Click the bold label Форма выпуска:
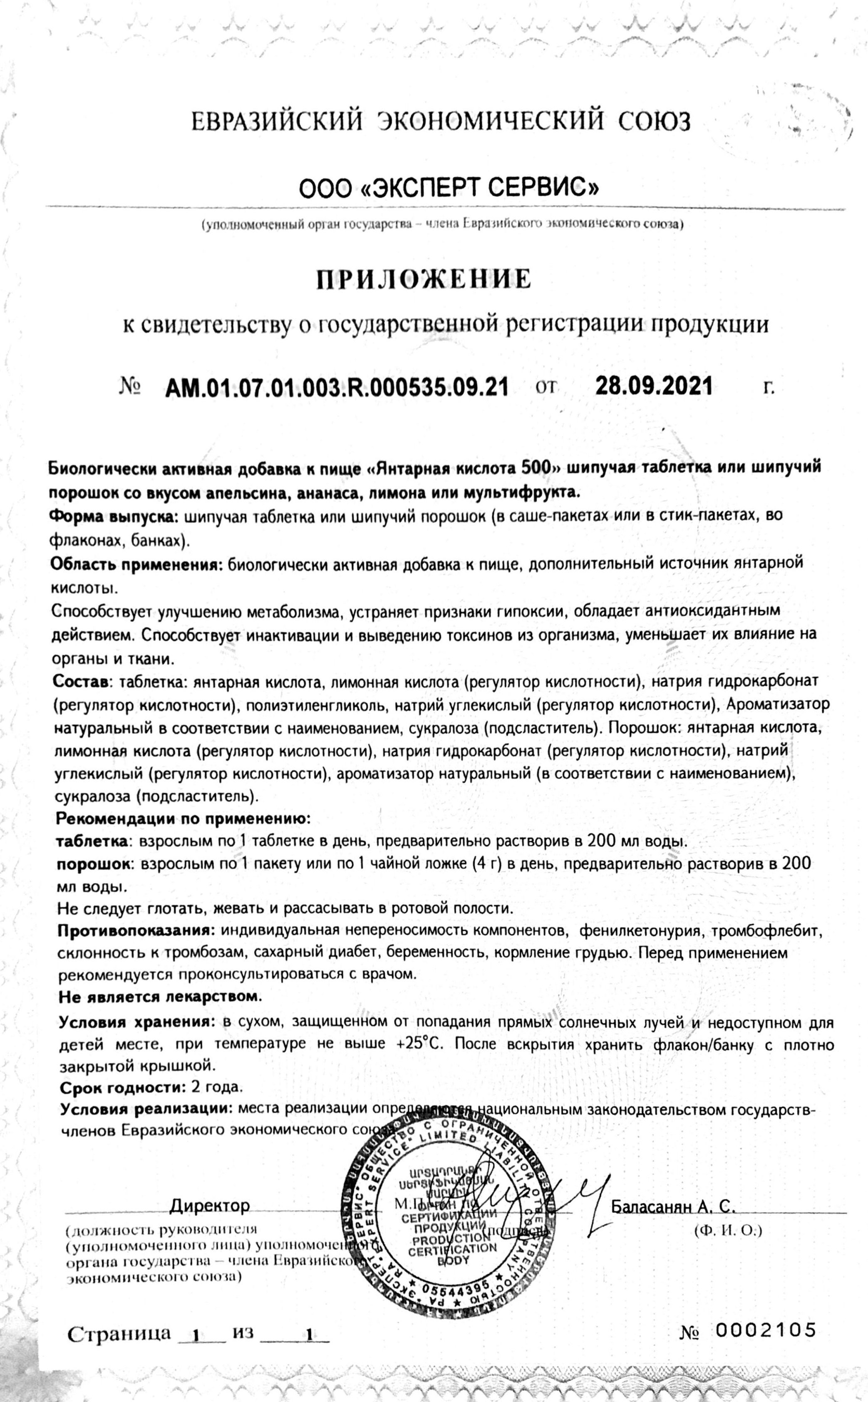point(115,516)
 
